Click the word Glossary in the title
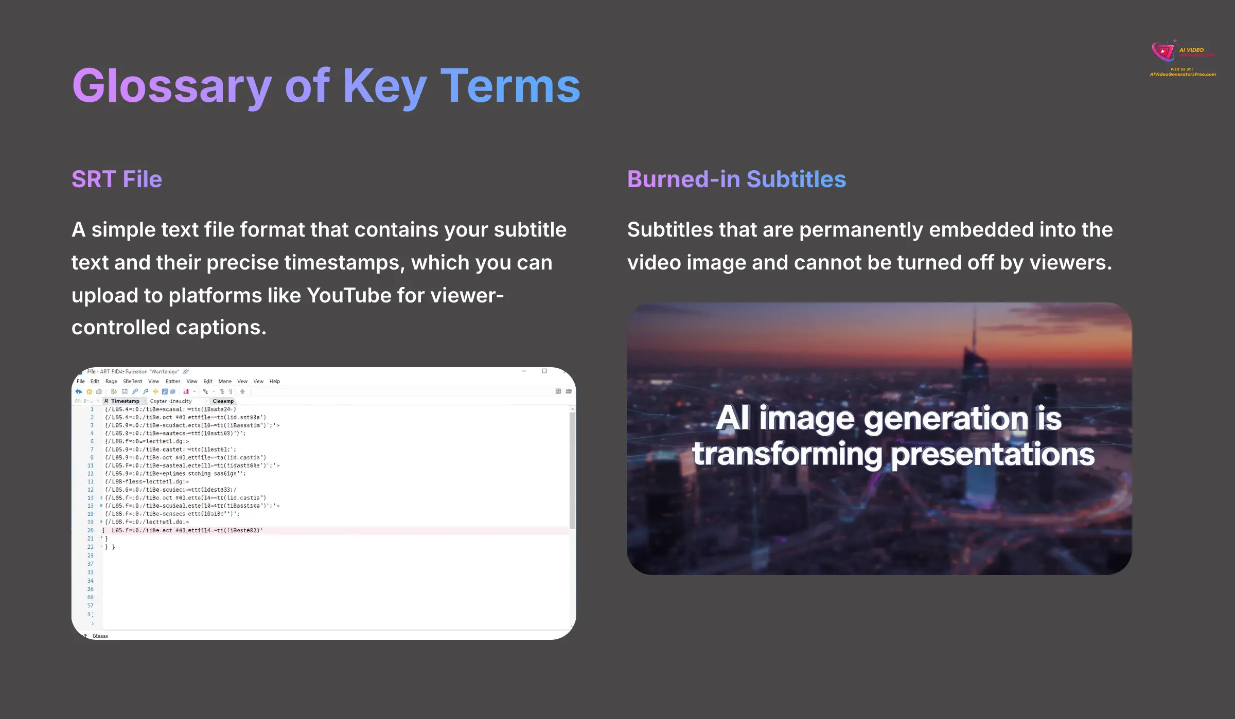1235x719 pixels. click(x=171, y=86)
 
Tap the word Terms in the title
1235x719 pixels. click(x=510, y=86)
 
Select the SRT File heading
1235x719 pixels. click(x=117, y=179)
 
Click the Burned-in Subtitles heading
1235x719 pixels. click(x=736, y=179)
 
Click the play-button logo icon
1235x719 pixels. click(x=1162, y=51)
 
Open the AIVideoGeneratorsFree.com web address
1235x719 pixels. click(x=1183, y=75)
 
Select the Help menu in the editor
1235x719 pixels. click(x=275, y=382)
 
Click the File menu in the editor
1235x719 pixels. click(x=81, y=382)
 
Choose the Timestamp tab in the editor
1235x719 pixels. click(x=125, y=401)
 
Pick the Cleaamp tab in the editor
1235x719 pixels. click(x=223, y=401)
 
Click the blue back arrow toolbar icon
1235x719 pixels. click(x=79, y=391)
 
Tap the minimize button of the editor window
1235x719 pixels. click(x=524, y=371)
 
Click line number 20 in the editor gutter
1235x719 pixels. click(x=91, y=530)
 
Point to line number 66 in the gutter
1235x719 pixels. click(x=91, y=597)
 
